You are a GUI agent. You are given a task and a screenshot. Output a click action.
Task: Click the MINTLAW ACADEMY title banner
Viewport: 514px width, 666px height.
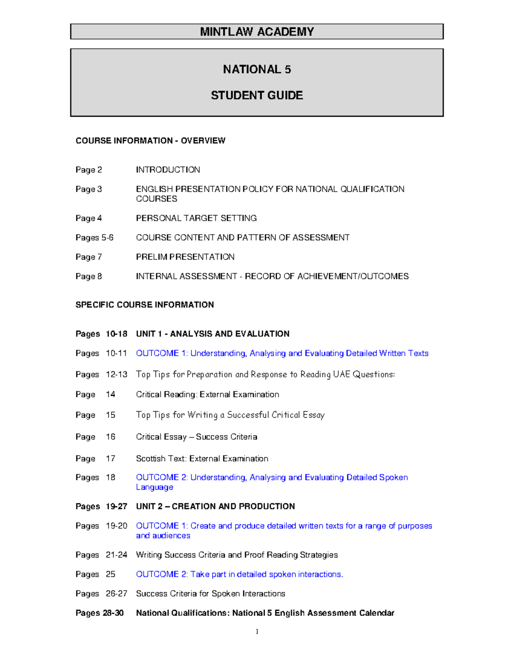click(x=257, y=32)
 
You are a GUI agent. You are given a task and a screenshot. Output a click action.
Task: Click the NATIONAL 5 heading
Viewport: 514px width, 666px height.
click(x=257, y=69)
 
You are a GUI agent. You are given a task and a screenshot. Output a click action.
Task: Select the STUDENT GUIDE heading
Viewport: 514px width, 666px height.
click(x=257, y=95)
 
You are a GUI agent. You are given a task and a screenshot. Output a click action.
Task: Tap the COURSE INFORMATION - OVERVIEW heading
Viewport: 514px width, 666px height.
click(x=150, y=141)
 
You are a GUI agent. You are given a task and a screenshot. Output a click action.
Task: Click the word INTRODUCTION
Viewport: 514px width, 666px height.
click(x=168, y=170)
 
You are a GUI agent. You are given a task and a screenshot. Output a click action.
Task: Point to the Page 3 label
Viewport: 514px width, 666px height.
click(x=89, y=189)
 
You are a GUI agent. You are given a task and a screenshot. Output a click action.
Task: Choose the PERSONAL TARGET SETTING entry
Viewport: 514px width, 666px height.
click(x=196, y=218)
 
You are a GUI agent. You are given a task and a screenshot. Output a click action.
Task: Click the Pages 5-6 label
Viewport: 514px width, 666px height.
click(x=94, y=238)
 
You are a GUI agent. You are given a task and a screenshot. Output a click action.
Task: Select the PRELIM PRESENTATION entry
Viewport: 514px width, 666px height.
click(x=185, y=257)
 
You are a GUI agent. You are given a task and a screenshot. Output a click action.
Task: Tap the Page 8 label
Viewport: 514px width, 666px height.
click(x=89, y=276)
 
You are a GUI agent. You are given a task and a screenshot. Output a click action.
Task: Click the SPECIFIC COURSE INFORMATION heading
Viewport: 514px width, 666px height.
click(x=144, y=305)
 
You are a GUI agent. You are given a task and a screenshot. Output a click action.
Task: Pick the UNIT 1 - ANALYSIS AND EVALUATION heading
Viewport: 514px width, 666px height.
click(x=212, y=334)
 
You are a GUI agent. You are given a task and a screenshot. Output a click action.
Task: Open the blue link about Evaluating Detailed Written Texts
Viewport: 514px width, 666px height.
click(x=282, y=353)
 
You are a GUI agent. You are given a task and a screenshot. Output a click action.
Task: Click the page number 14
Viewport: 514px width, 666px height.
click(x=111, y=395)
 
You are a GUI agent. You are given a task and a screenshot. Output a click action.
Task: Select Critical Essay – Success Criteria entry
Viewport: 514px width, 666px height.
click(x=197, y=437)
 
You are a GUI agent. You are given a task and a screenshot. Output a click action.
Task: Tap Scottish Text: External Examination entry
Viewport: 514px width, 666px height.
click(x=202, y=459)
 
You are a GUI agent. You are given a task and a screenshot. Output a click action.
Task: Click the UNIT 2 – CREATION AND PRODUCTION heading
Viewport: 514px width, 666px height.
click(x=215, y=506)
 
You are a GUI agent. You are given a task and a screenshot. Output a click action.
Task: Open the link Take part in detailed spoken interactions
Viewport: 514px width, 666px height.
click(x=239, y=574)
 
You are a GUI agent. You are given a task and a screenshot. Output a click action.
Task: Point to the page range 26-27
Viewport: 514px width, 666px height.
click(x=117, y=594)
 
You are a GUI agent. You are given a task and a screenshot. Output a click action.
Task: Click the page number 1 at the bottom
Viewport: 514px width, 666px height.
click(x=257, y=631)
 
